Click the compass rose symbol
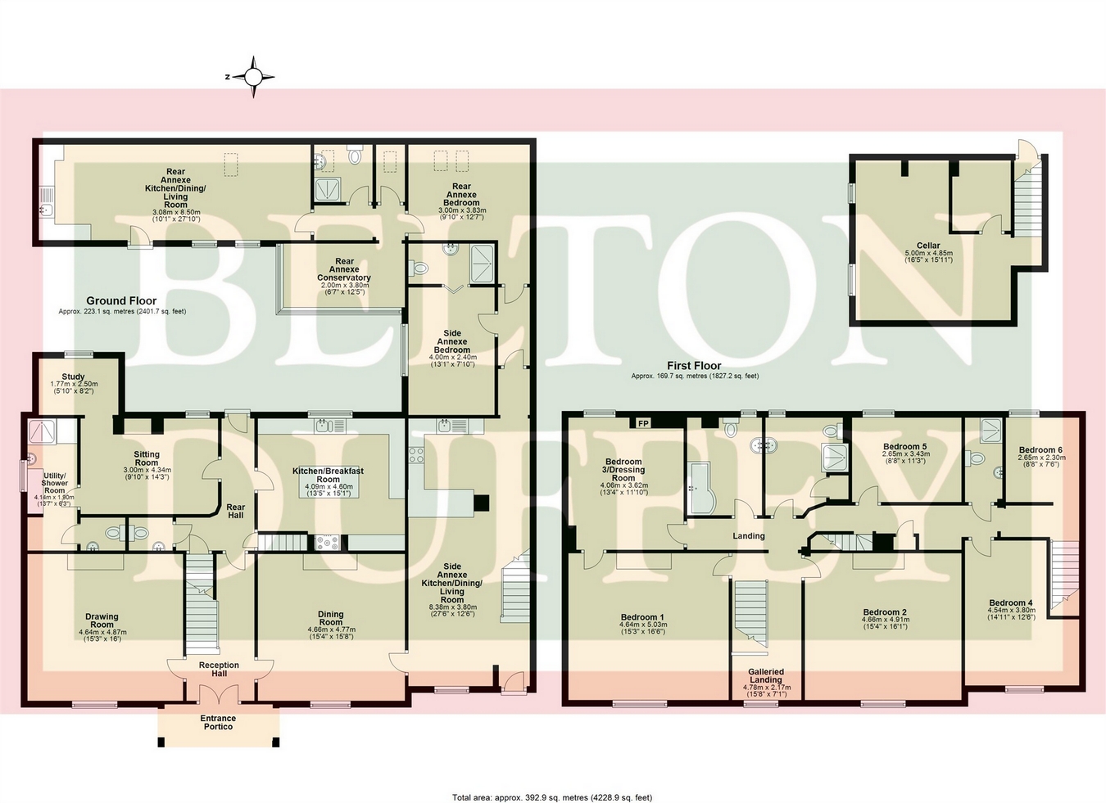pos(253,77)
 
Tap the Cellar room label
pos(928,246)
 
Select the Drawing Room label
pos(102,620)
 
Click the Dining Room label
pos(331,618)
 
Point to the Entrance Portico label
pos(218,722)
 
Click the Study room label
pos(74,377)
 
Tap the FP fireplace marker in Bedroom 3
pos(643,424)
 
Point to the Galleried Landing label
pos(766,675)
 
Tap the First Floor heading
pos(694,366)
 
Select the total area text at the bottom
pos(552,796)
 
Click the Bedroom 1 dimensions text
pos(643,628)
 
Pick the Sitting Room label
pos(147,458)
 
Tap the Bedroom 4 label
pos(1011,602)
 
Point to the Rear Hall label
pos(235,512)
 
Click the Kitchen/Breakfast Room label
pos(328,475)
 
